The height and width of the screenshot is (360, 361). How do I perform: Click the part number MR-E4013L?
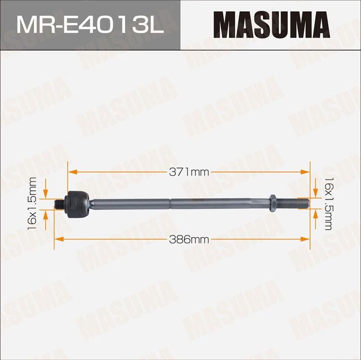point(90,25)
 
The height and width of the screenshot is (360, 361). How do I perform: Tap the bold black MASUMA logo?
point(271,25)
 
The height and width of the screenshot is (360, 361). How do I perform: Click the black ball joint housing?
point(77,203)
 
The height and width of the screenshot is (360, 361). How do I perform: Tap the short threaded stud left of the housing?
point(60,203)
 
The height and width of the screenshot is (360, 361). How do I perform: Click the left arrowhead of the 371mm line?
point(71,172)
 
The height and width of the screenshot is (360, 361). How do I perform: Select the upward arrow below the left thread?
point(55,215)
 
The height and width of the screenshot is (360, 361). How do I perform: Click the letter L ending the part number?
point(156,25)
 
